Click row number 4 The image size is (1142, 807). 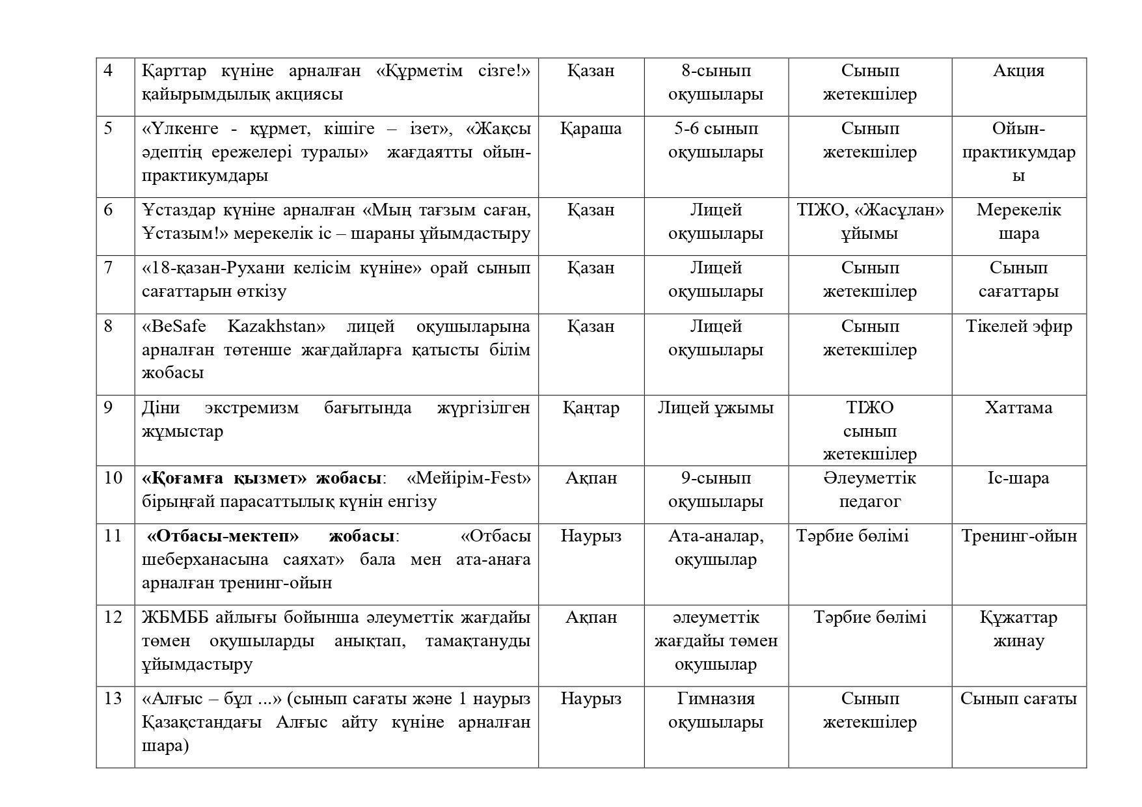pyautogui.click(x=109, y=70)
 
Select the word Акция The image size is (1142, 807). pyautogui.click(x=1018, y=70)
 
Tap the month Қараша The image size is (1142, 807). pyautogui.click(x=591, y=128)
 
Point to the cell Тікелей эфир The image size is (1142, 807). pyautogui.click(x=1018, y=326)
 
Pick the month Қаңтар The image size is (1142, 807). pyautogui.click(x=591, y=407)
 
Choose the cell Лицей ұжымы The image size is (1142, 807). pyautogui.click(x=715, y=407)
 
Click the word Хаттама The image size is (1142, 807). pyautogui.click(x=1018, y=407)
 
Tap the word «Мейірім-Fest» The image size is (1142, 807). pyautogui.click(x=469, y=478)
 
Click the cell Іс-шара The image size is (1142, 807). pyautogui.click(x=1018, y=478)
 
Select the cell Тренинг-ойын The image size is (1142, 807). pyautogui.click(x=1018, y=536)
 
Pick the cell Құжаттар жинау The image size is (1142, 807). pyautogui.click(x=1018, y=629)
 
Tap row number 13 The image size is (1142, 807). pyautogui.click(x=113, y=698)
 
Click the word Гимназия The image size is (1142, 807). pyautogui.click(x=716, y=698)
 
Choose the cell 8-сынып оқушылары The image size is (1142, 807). pyautogui.click(x=716, y=82)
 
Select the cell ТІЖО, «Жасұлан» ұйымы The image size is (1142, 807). pyautogui.click(x=870, y=221)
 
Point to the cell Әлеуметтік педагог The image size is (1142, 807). pyautogui.click(x=870, y=489)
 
